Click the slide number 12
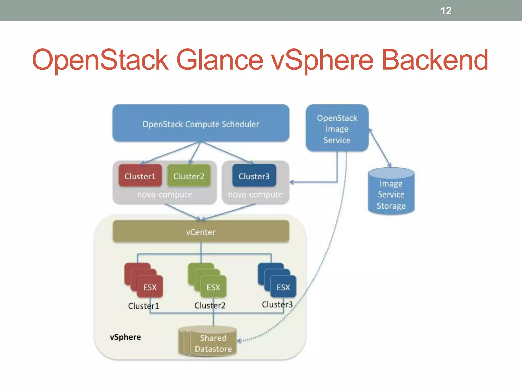tap(446, 11)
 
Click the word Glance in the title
tap(219, 60)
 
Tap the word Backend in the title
tap(435, 60)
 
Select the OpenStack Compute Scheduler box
tap(201, 124)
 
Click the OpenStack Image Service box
tap(337, 128)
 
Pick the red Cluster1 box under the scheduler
tap(140, 176)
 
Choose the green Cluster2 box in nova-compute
tap(189, 176)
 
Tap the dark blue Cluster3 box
tap(254, 176)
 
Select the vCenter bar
tap(201, 232)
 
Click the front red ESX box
tap(150, 287)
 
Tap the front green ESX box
tap(213, 287)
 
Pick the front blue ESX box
tap(283, 287)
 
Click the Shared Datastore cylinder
tap(213, 342)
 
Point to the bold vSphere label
tap(125, 337)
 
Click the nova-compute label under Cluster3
tap(255, 195)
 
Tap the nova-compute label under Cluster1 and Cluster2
tap(165, 195)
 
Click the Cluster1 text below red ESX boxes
tap(143, 306)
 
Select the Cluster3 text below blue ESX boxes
tap(277, 304)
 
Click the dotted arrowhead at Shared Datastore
tap(239, 341)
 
